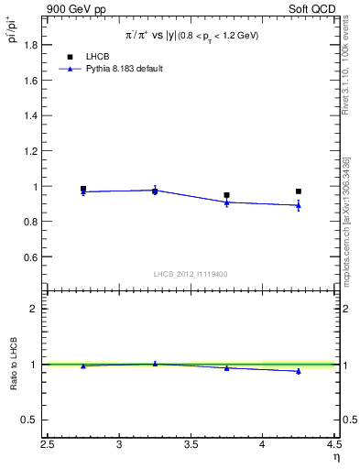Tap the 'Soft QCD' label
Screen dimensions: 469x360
pos(314,8)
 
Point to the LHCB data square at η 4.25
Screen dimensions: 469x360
pos(299,191)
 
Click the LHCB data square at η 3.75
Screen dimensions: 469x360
pos(226,195)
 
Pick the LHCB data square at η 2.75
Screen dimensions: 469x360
pos(83,189)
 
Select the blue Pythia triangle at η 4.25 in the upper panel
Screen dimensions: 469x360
pos(299,205)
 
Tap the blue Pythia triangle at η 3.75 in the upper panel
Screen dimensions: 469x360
pos(226,202)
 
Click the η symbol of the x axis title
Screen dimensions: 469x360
pos(335,458)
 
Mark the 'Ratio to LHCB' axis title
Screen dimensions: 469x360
pos(13,364)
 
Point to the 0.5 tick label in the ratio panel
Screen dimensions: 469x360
pos(30,420)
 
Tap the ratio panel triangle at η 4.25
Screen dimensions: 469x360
pos(299,371)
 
